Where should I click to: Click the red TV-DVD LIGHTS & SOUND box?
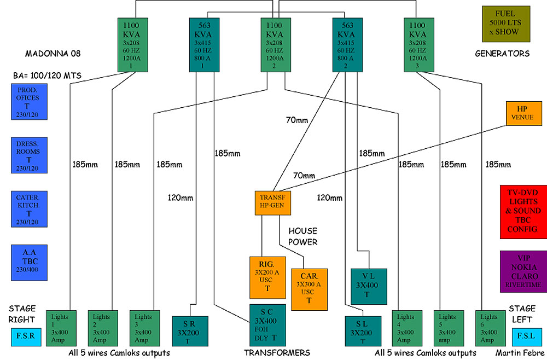coord(522,212)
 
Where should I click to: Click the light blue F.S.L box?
coord(527,335)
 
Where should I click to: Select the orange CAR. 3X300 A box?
coord(309,289)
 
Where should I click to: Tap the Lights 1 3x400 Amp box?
coord(62,327)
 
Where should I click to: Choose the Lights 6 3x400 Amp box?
coord(490,327)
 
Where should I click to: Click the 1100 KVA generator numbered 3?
coord(421,44)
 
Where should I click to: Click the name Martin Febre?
coord(519,352)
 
